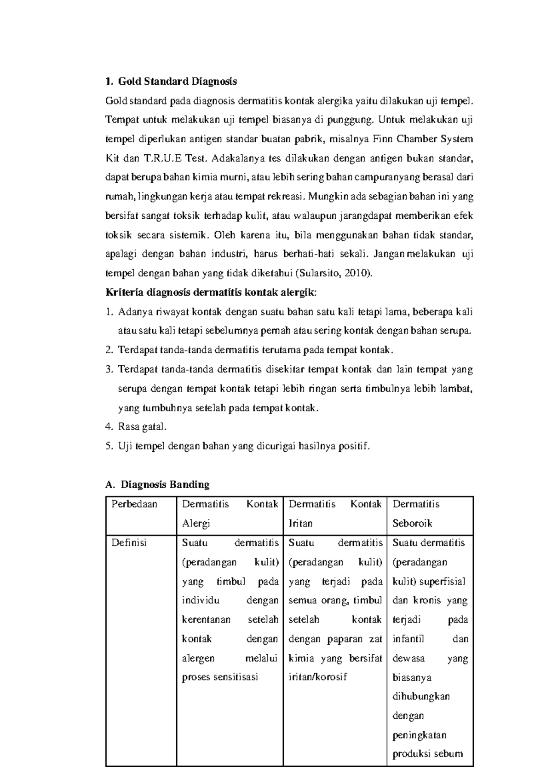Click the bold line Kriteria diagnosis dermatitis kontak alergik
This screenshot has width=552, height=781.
click(x=211, y=292)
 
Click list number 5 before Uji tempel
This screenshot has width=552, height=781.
click(x=109, y=446)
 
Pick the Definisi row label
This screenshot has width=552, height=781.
click(x=129, y=542)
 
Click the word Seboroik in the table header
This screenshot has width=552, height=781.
click(x=412, y=523)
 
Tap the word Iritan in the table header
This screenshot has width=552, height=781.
click(x=300, y=523)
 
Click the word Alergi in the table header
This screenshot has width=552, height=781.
click(x=196, y=523)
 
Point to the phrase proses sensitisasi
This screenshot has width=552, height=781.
click(x=220, y=677)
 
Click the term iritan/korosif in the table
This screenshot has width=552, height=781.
click(x=317, y=677)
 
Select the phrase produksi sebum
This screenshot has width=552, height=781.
click(x=427, y=754)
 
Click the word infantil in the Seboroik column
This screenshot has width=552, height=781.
click(x=408, y=639)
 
